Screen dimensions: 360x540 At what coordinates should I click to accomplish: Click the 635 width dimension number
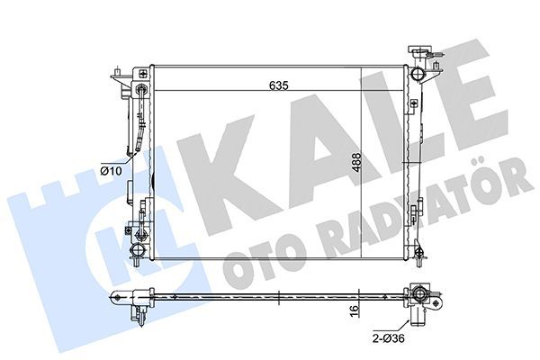pyautogui.click(x=276, y=87)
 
